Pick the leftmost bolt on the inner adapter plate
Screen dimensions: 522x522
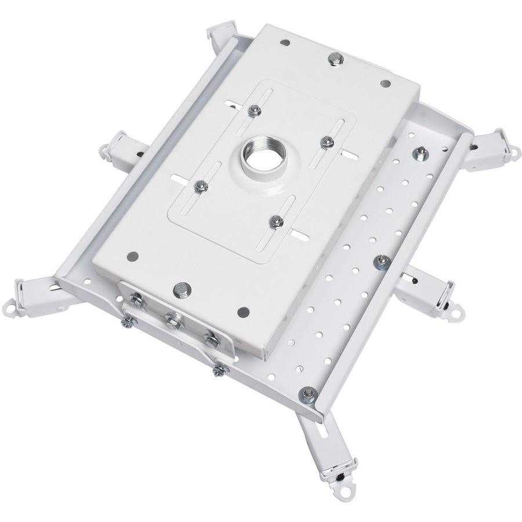click(x=200, y=185)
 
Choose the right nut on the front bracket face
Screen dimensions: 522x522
click(x=209, y=336)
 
